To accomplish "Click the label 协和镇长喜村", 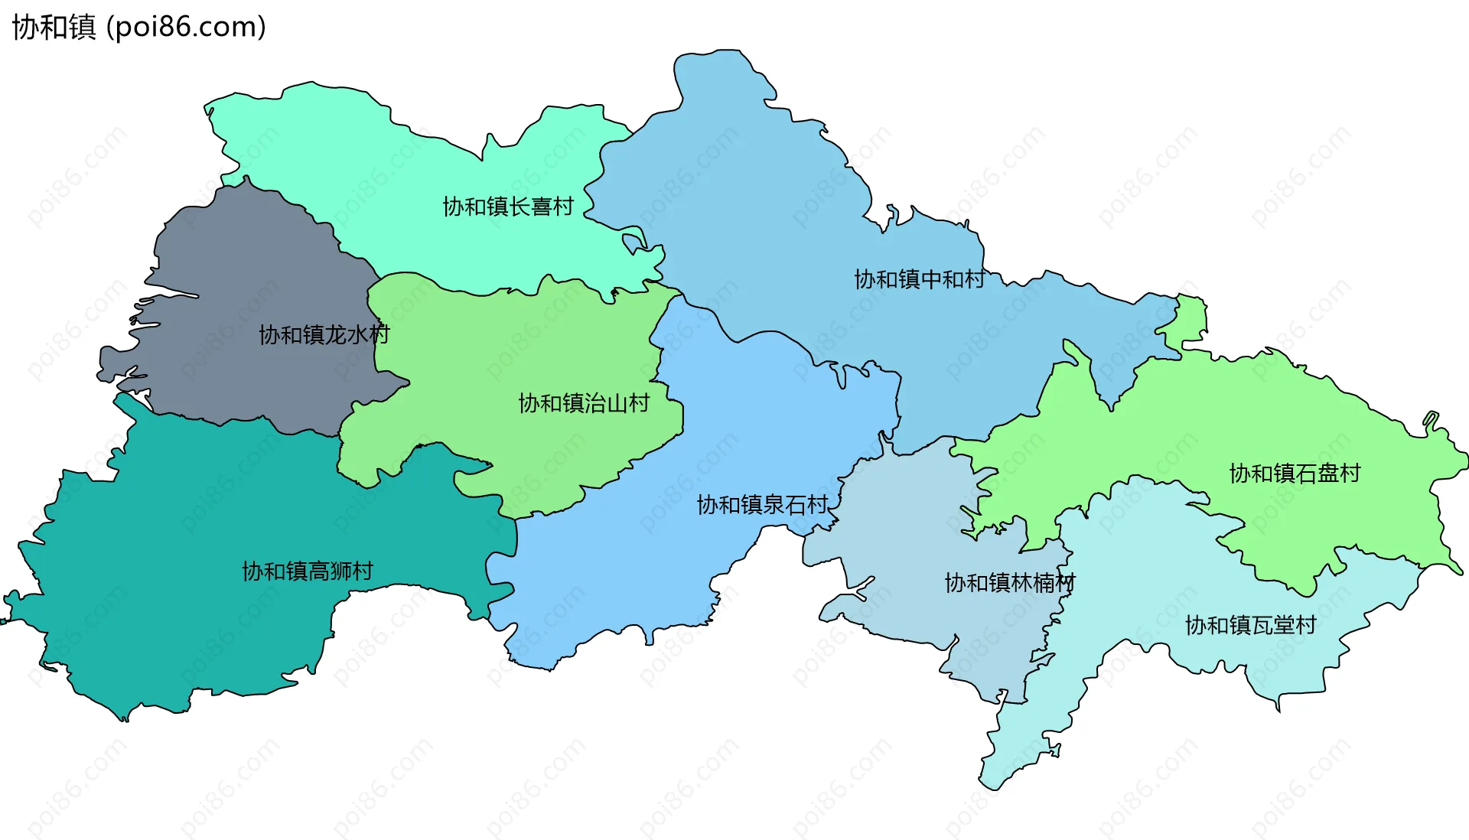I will [x=508, y=207].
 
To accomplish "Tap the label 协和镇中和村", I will [x=920, y=279].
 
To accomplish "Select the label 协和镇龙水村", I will [x=324, y=334].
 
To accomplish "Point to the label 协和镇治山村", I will [x=584, y=403].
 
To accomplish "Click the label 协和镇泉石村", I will [x=762, y=505].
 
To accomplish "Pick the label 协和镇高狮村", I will [x=308, y=571].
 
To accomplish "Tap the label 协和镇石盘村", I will [x=1295, y=474].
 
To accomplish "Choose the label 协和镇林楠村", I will [x=1010, y=583].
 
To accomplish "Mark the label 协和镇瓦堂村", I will [x=1250, y=626].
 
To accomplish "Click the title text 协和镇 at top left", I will [x=54, y=28].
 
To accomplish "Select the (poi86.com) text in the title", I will [x=186, y=28].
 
